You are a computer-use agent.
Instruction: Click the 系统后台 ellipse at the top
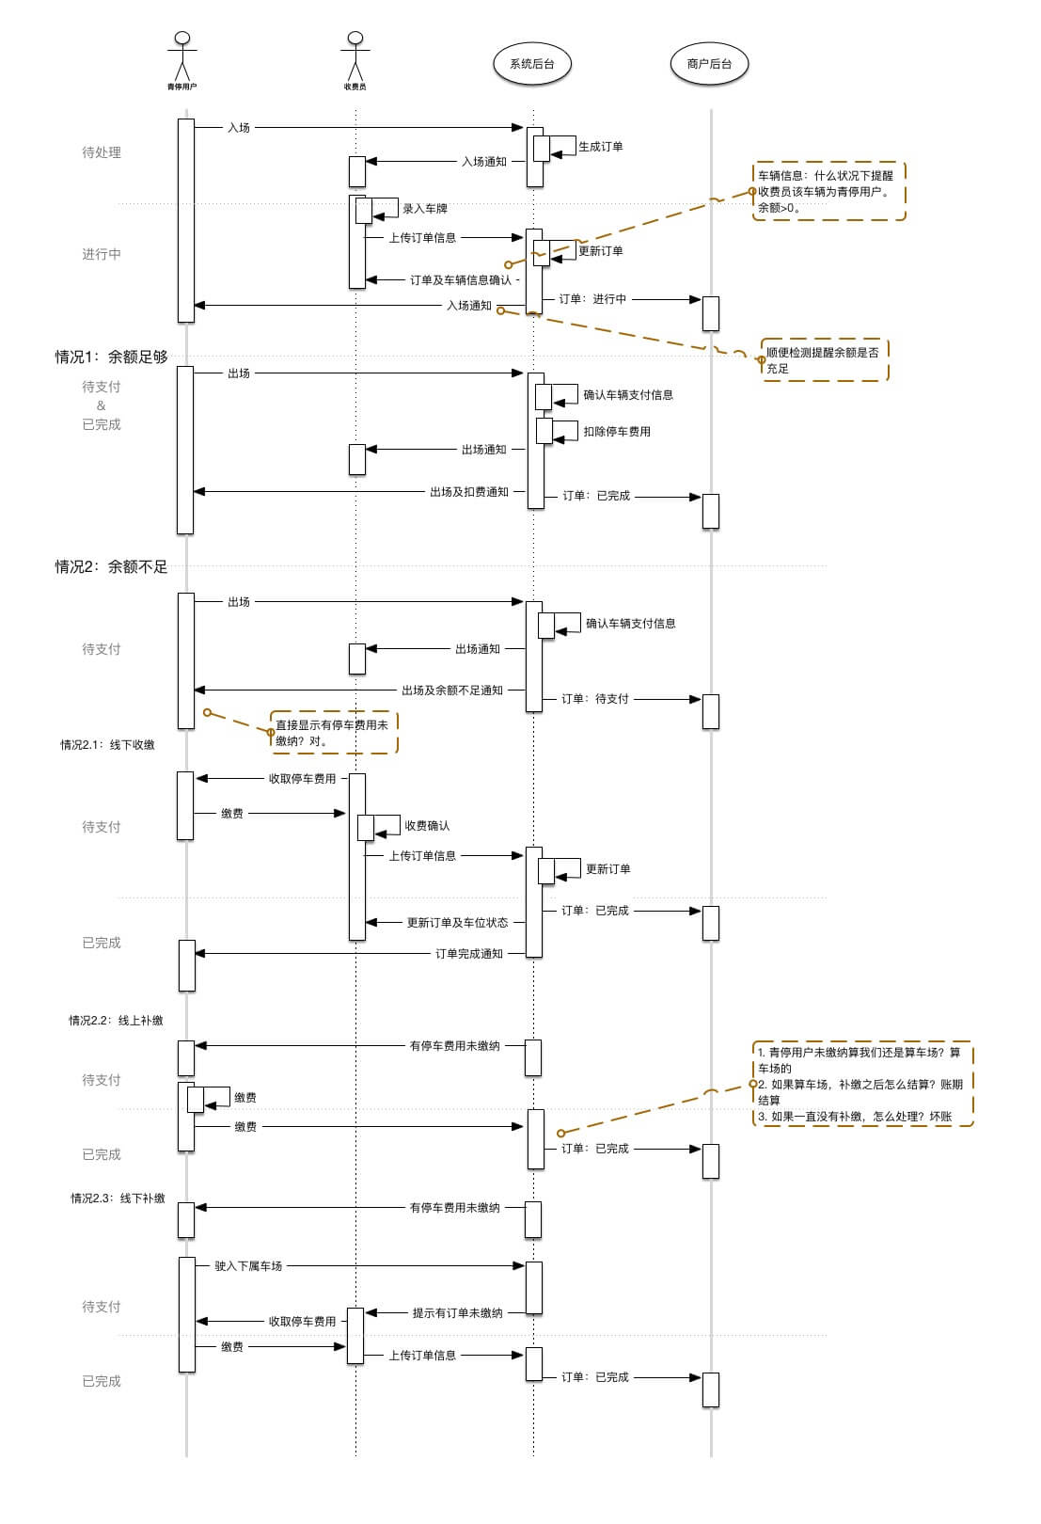point(532,64)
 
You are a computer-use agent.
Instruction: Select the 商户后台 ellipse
point(709,64)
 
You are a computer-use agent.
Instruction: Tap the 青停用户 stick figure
point(182,58)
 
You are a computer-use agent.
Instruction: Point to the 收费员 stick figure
point(355,58)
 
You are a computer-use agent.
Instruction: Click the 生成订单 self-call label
point(601,147)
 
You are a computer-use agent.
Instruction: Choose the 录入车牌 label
point(425,209)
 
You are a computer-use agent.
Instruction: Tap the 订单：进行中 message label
point(592,299)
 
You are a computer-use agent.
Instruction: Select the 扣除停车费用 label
point(617,432)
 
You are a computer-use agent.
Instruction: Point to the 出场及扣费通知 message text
point(469,492)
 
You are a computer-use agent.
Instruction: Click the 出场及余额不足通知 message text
point(452,691)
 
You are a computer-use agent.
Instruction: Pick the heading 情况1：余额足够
point(111,357)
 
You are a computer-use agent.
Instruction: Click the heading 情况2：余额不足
point(111,566)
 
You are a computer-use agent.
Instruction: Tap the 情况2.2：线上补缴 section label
point(116,1021)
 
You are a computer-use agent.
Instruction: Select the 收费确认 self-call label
point(427,826)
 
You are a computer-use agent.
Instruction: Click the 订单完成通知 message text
point(469,954)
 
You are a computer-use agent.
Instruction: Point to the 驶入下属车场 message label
point(248,1266)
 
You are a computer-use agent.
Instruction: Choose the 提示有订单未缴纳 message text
point(458,1313)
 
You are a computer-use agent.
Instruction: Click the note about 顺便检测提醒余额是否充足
point(823,360)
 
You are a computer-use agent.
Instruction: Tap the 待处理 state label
point(102,152)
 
